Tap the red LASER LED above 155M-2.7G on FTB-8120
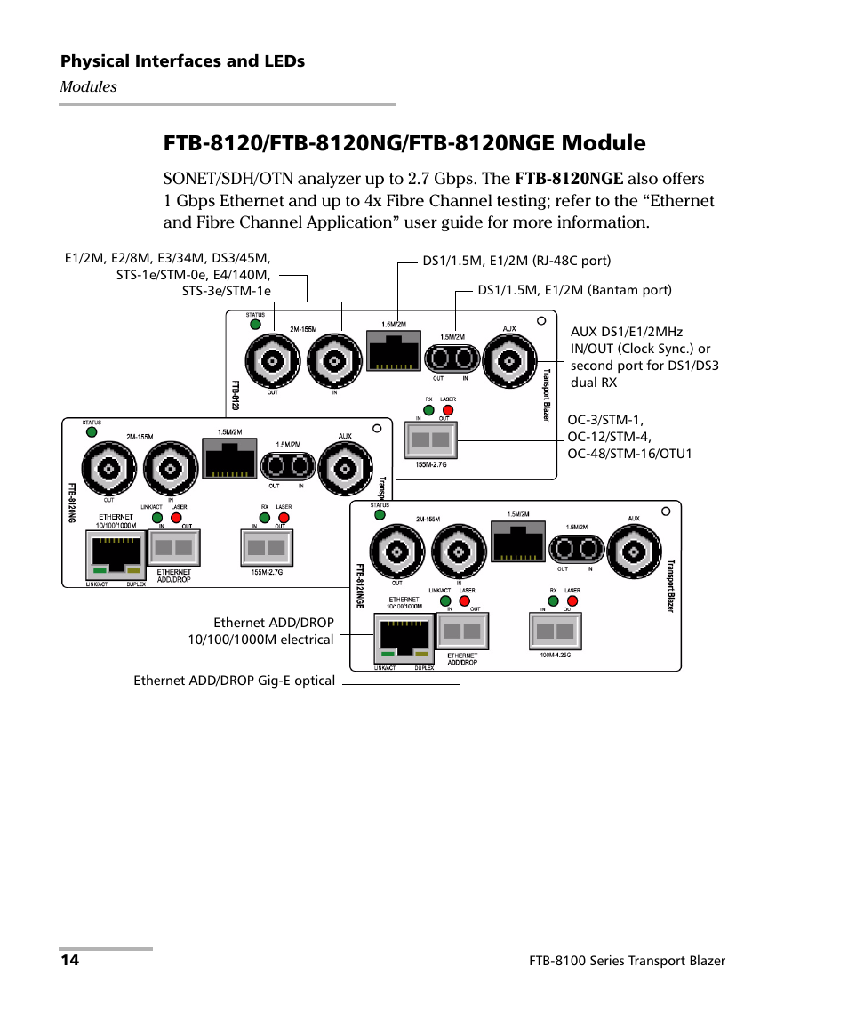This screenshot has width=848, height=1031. (x=448, y=410)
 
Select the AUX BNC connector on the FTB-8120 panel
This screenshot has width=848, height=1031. (x=508, y=360)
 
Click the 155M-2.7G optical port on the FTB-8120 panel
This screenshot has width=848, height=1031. (x=430, y=439)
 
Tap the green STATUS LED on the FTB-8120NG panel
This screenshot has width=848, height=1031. (x=91, y=432)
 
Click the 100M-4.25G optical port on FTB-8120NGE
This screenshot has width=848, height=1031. (x=556, y=632)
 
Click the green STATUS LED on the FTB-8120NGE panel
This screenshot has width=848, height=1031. (x=380, y=514)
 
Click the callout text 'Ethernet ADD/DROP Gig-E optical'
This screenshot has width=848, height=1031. (x=235, y=681)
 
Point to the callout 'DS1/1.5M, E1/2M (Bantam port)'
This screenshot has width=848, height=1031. (x=574, y=290)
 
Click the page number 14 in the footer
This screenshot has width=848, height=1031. (x=70, y=961)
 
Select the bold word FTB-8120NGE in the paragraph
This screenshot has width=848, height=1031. (x=569, y=179)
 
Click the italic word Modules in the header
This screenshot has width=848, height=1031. (x=88, y=86)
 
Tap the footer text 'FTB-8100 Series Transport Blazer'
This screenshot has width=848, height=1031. (x=627, y=961)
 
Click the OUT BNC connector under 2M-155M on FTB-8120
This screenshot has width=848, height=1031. (x=273, y=360)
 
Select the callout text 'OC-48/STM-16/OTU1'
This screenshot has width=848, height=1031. (x=629, y=454)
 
